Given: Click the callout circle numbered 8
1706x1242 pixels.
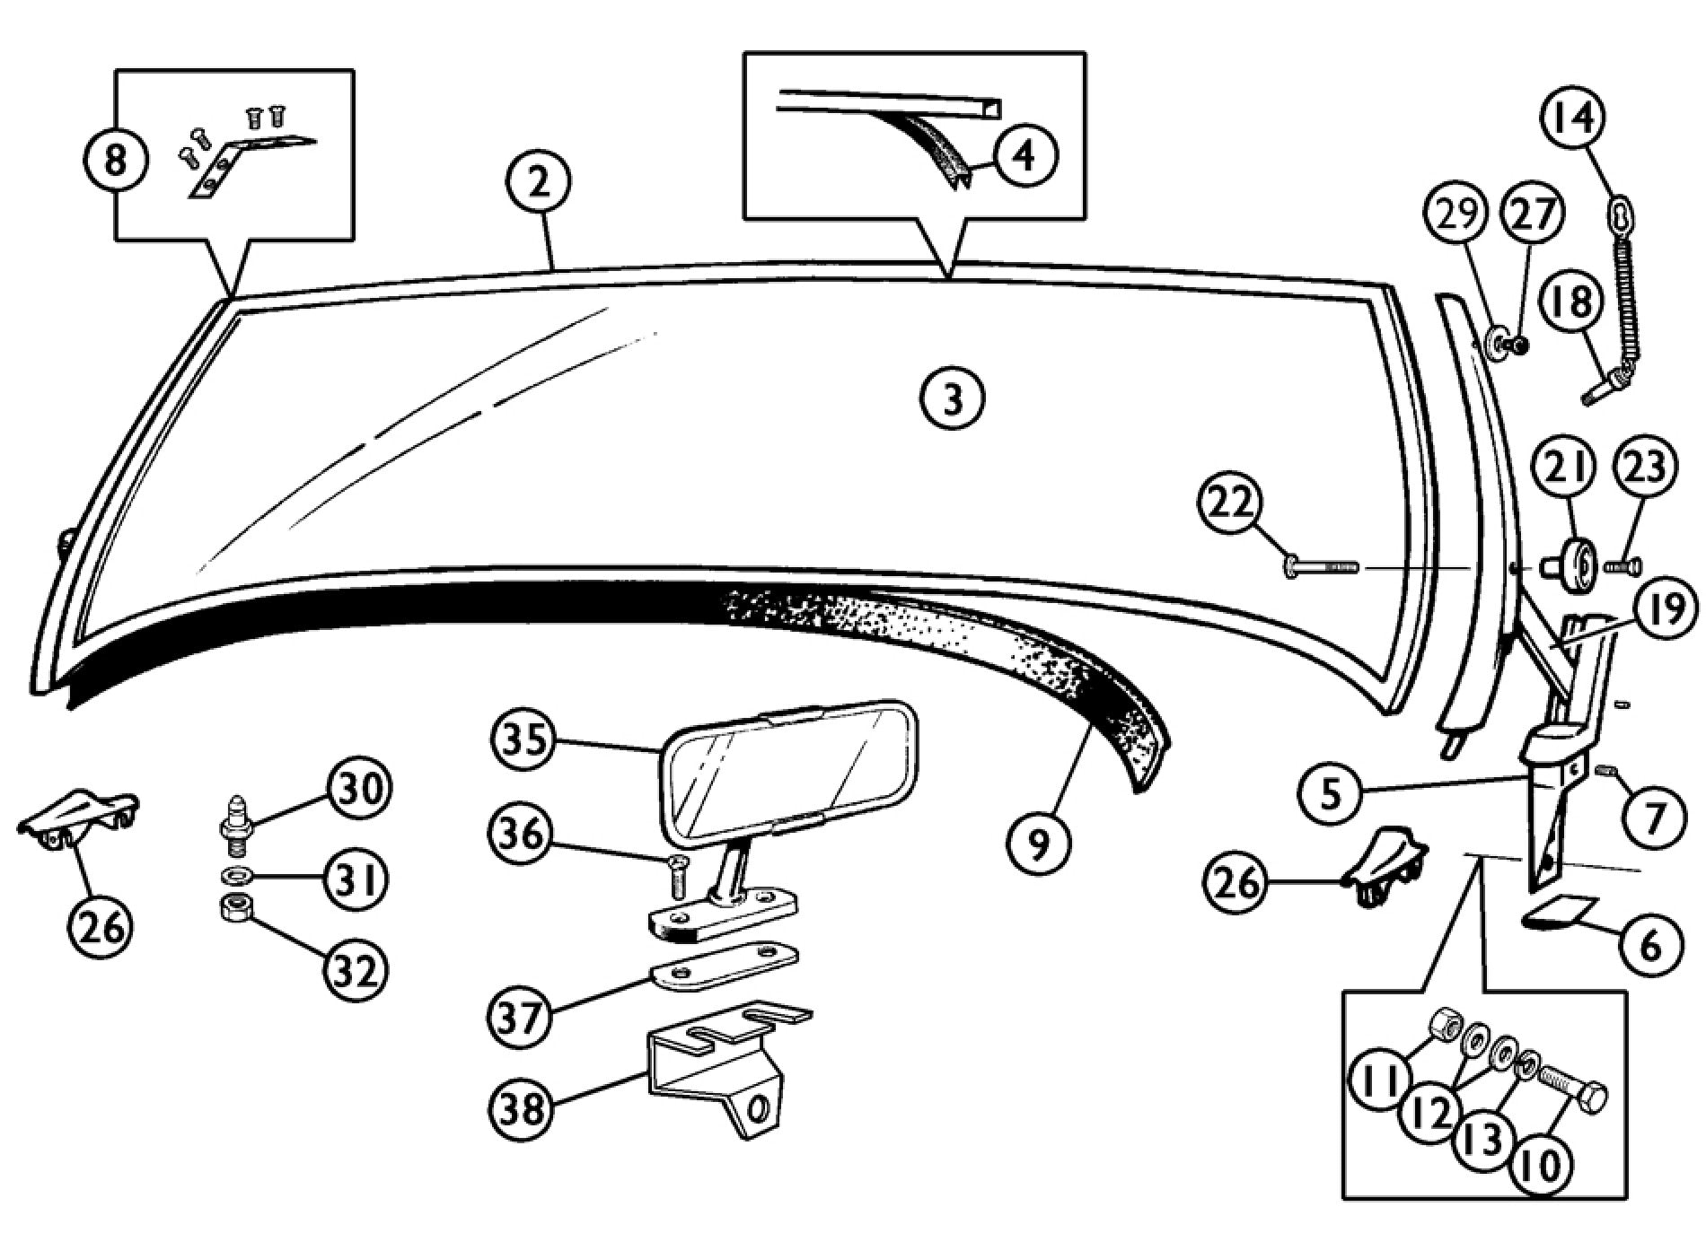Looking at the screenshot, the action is [x=116, y=162].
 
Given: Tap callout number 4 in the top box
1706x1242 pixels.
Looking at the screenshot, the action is [x=1025, y=155].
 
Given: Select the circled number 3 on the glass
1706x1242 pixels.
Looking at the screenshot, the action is [x=953, y=398].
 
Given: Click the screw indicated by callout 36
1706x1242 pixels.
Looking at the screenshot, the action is [x=678, y=875].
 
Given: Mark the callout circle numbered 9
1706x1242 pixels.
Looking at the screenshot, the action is [x=1039, y=843].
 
